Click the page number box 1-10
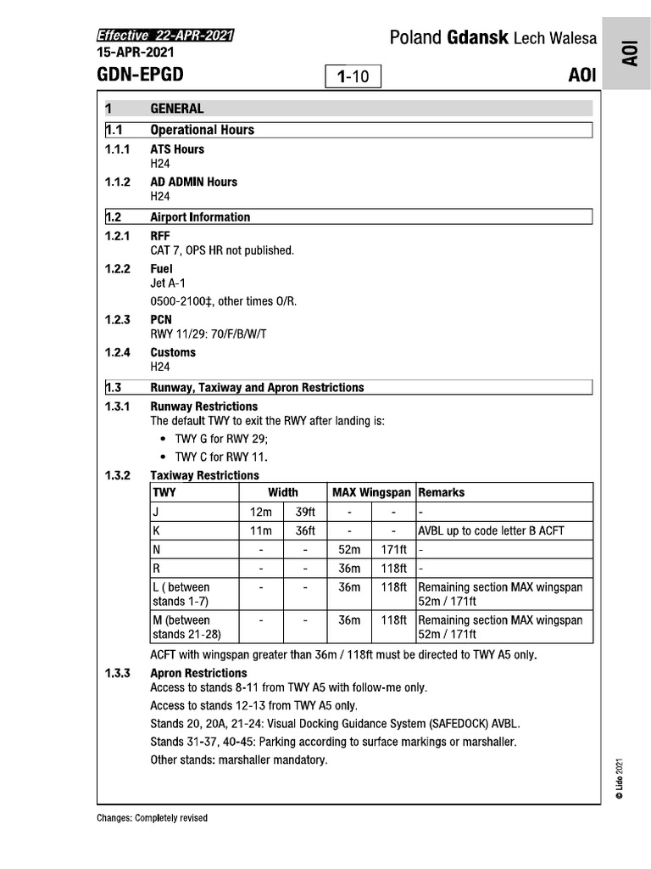(353, 76)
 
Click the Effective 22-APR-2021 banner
(165, 36)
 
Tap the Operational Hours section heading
(202, 130)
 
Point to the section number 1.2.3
(117, 320)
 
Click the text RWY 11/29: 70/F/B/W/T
(209, 334)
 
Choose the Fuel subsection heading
(161, 269)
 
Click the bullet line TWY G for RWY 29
(226, 439)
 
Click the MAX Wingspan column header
(371, 492)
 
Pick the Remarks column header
(442, 492)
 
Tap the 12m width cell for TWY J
(260, 513)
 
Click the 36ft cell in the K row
(305, 531)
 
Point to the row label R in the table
(156, 569)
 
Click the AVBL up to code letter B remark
(491, 531)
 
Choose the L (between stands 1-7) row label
(181, 594)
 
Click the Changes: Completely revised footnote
(153, 818)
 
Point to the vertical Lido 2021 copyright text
(620, 776)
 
